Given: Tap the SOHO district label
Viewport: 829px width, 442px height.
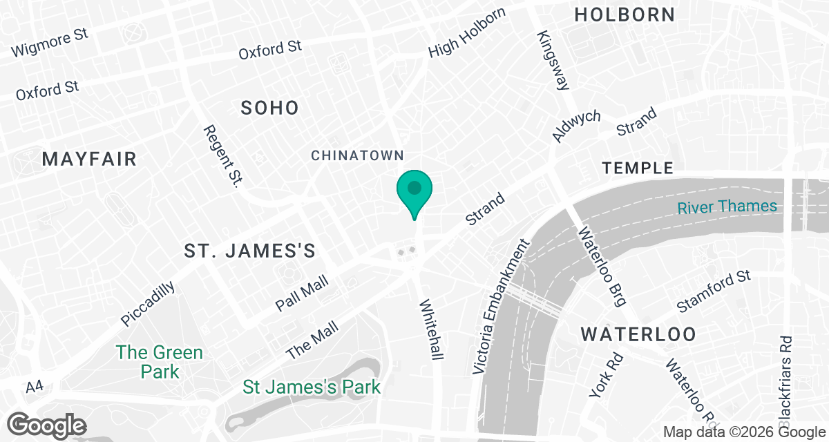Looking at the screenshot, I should tap(269, 108).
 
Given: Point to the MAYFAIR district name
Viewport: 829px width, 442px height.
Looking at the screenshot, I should tap(89, 159).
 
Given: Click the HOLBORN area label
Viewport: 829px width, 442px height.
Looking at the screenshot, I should tap(625, 14).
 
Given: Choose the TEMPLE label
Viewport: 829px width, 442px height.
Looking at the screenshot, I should tap(638, 168).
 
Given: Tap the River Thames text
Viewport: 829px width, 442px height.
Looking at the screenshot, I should tap(727, 206).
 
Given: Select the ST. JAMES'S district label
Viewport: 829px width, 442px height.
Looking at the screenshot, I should tap(250, 251).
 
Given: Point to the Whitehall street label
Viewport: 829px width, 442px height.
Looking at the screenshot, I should tap(430, 329).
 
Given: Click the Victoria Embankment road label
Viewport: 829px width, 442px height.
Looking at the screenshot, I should tap(500, 307).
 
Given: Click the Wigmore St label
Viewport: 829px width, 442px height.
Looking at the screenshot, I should tap(50, 44).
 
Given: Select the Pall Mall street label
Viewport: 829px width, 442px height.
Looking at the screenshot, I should tap(301, 294).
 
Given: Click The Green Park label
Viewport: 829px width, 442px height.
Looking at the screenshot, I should tap(160, 362).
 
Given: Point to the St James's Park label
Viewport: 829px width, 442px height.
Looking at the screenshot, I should tap(312, 387).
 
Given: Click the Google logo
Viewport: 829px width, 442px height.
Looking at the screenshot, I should tap(47, 424).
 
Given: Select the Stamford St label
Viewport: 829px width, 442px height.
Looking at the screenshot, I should tap(713, 291).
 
